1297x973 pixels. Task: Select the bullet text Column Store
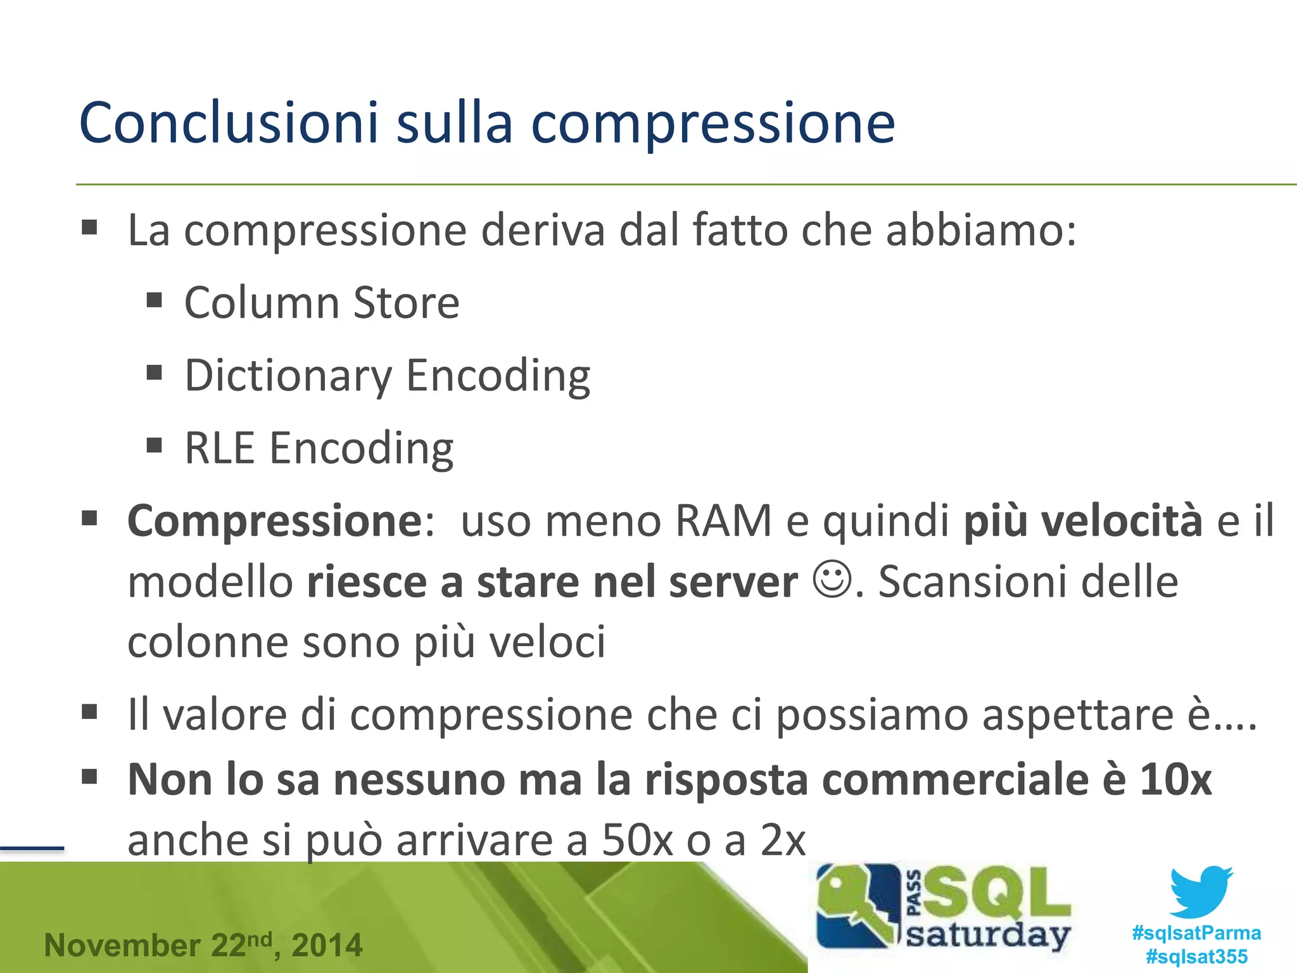click(x=322, y=303)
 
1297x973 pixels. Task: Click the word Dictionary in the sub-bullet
click(x=288, y=376)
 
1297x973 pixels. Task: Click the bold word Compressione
click(x=274, y=521)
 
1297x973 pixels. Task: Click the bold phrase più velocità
click(x=1082, y=521)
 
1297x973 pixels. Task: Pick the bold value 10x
click(x=1175, y=779)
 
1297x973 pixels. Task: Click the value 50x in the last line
click(x=637, y=841)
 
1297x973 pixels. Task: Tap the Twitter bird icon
click(x=1201, y=891)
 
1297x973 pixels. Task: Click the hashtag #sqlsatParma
click(x=1196, y=932)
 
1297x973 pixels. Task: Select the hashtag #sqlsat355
click(x=1196, y=956)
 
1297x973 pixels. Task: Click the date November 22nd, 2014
click(x=203, y=945)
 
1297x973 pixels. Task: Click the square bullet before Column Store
click(x=155, y=300)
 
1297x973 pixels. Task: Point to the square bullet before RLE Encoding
click(x=155, y=445)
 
